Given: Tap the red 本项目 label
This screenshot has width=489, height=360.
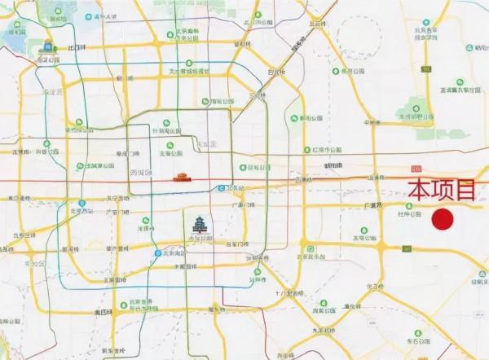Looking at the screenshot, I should click(x=442, y=191).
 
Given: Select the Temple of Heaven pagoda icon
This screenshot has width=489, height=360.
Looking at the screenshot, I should click(x=200, y=224).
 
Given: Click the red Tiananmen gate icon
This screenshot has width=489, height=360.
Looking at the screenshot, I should click(x=183, y=177).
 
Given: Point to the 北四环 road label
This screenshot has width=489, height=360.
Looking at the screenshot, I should click(x=80, y=47).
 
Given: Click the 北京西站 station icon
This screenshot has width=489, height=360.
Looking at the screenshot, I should click(x=81, y=204).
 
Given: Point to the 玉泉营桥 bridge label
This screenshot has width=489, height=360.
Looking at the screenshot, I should click(x=109, y=312).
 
